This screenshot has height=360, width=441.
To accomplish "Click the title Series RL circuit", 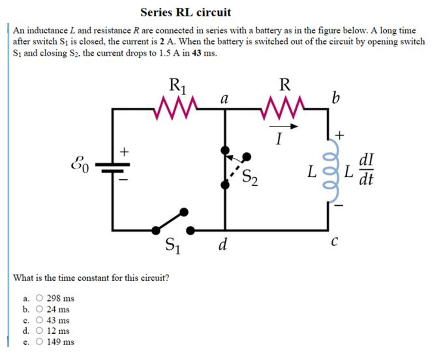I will [x=186, y=13].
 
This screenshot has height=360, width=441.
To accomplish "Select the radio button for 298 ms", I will [x=40, y=298].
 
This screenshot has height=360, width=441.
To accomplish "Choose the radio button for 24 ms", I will [x=40, y=309].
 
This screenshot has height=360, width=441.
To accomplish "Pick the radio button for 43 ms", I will [x=40, y=320].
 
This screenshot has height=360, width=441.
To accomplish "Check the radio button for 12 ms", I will [x=40, y=331].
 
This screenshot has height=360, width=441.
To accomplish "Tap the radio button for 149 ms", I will [x=40, y=342].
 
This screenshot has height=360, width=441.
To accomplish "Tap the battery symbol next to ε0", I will [x=112, y=166].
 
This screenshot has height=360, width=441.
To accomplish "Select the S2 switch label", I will [x=250, y=178].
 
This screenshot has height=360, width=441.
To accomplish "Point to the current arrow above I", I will [x=283, y=126].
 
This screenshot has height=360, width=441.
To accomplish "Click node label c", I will [x=334, y=243].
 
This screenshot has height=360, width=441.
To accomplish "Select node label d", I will [x=223, y=245].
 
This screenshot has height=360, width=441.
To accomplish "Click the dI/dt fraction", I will [x=366, y=170].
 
